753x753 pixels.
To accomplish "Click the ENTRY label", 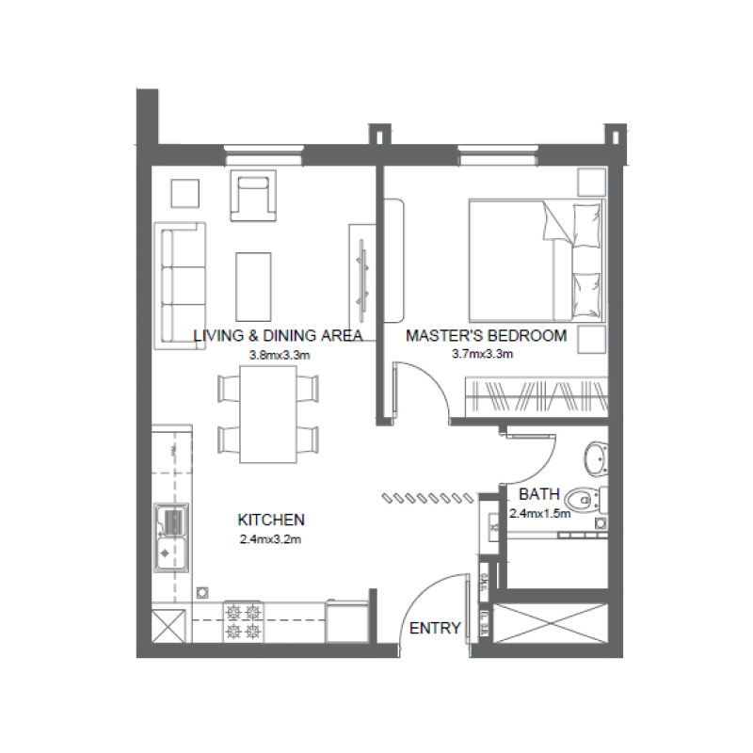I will coord(436,629).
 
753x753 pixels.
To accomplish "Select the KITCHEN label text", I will coord(271,520).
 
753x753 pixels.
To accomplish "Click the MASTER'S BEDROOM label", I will coord(486,335).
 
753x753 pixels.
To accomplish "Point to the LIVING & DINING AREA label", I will coord(278,335).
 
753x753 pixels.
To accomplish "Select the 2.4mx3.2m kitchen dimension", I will coord(271,539).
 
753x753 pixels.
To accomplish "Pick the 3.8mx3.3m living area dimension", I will coord(280,355).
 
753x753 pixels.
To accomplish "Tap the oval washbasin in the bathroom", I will coord(596,458).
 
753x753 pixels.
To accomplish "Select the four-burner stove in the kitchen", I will coord(243,620).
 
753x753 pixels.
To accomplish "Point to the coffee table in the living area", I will coord(253,285).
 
